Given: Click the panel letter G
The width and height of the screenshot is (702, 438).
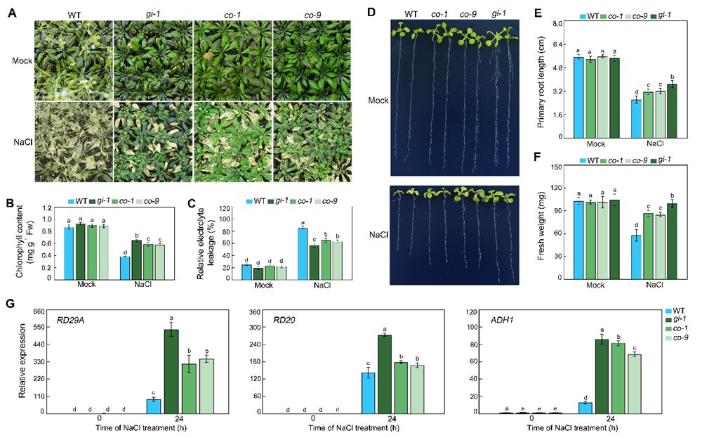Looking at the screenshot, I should tap(9, 304).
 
